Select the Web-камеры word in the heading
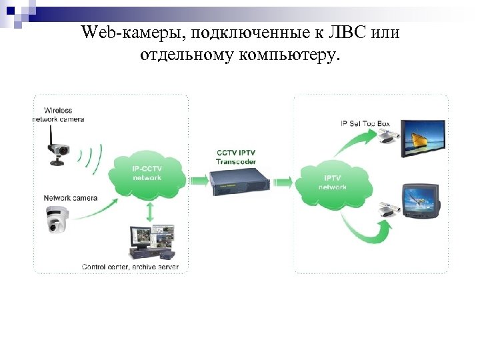(119, 32)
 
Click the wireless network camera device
(58, 153)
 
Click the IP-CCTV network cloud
(147, 174)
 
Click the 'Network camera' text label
(71, 198)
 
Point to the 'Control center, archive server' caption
(129, 267)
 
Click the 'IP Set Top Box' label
(366, 123)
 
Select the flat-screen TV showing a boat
(424, 141)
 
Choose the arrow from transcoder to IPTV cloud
(283, 181)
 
